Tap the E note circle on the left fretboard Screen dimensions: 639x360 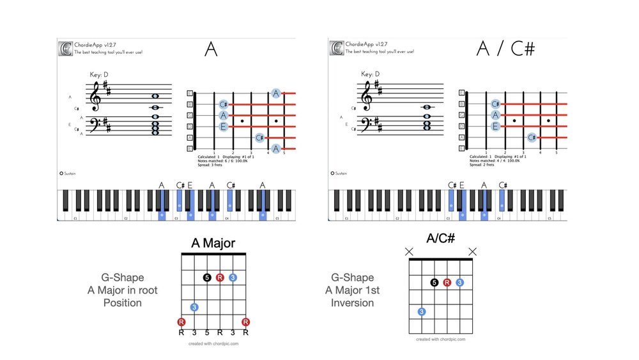tap(224, 127)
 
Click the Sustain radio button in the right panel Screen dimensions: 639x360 tap(332, 173)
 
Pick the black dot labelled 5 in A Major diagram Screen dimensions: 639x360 tap(206, 278)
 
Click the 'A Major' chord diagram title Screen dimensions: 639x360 tap(213, 243)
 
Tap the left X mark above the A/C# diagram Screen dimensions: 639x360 tap(409, 252)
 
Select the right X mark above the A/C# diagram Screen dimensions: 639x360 tap(473, 252)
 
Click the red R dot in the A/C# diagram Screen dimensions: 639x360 tap(447, 282)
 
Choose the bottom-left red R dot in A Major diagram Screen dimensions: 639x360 tap(181, 322)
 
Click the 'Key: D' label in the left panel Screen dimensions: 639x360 tap(98, 75)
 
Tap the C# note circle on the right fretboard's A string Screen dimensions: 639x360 tap(532, 137)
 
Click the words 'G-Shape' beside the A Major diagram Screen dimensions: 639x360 tap(123, 278)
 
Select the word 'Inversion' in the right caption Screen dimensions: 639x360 tap(352, 302)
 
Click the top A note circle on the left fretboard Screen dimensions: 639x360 tap(276, 93)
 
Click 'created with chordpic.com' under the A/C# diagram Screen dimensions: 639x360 tap(440, 340)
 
